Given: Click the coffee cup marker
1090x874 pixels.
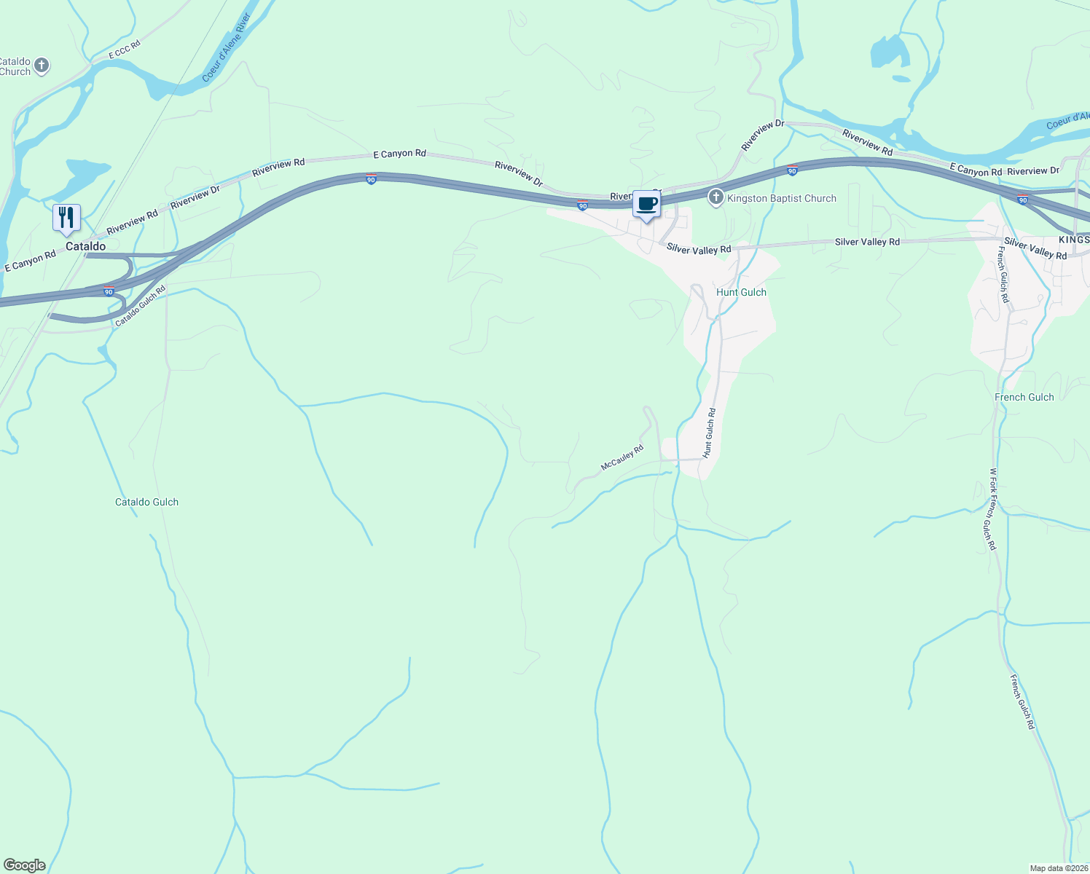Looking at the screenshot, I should [x=646, y=205].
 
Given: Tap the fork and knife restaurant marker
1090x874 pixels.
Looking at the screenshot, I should [x=66, y=218].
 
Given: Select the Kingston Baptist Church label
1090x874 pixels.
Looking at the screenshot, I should [x=782, y=198].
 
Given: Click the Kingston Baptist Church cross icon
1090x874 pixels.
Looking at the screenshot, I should [x=716, y=197].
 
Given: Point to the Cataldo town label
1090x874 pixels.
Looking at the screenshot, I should [x=85, y=246].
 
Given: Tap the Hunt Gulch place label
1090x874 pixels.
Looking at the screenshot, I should [x=741, y=292].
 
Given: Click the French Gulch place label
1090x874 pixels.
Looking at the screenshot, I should [x=1024, y=397].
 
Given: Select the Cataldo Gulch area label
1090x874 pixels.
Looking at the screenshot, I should [x=146, y=502].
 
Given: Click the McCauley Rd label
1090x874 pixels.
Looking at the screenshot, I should [x=622, y=457].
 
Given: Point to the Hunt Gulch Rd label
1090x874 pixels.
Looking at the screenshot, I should [x=709, y=433].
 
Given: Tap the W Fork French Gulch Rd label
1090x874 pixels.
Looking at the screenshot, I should [x=992, y=509].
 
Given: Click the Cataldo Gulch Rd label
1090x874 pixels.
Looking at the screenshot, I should [x=141, y=306].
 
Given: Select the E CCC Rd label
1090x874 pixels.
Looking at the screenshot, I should [x=124, y=50].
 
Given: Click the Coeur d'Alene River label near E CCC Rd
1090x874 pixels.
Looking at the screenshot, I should [x=227, y=47].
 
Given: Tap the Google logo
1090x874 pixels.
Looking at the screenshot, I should [x=24, y=865].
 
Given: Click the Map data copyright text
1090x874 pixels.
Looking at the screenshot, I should [x=1058, y=868].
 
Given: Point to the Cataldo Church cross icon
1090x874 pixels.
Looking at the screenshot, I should [x=42, y=66].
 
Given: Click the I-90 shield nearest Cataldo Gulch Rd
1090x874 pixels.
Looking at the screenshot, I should [x=109, y=291].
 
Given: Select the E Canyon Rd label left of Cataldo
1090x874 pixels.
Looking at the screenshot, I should [x=31, y=261].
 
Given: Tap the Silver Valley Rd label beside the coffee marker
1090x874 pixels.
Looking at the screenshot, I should [x=698, y=249].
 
